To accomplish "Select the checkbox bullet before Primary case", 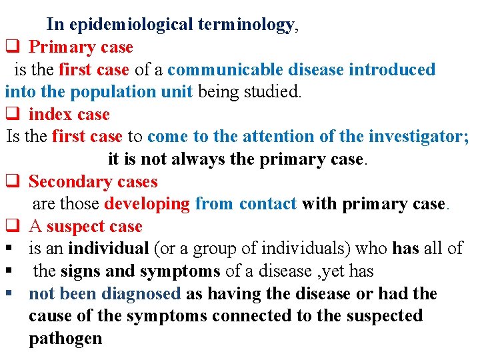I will [11, 47].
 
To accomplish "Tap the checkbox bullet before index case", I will [11, 115].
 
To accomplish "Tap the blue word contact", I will [267, 204].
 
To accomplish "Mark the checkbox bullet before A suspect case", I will [11, 227].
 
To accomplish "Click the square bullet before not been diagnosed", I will [9, 294].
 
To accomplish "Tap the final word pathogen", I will [65, 339].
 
